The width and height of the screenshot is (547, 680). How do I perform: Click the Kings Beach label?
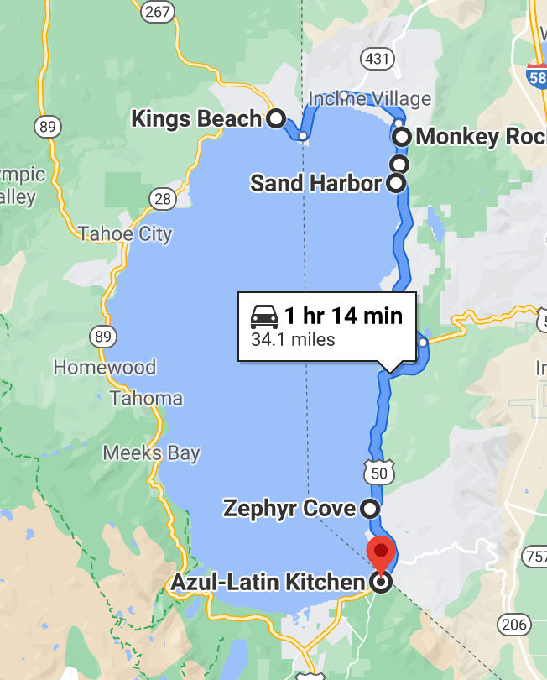click(196, 118)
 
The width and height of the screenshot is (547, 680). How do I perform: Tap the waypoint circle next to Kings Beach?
click(275, 118)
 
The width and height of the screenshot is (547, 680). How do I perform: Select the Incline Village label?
click(369, 98)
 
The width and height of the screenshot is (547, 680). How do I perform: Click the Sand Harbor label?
click(315, 182)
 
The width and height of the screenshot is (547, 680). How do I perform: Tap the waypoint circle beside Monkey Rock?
click(402, 136)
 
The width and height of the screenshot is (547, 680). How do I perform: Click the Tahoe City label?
click(125, 233)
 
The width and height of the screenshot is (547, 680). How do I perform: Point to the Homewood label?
click(104, 367)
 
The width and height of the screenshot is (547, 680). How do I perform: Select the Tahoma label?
click(146, 397)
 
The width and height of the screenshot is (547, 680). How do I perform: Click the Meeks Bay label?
click(151, 453)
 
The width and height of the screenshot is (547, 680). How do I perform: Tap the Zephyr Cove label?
click(289, 508)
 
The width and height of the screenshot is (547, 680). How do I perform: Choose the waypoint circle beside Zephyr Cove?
click(369, 508)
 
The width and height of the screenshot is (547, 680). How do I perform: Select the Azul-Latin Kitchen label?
click(268, 582)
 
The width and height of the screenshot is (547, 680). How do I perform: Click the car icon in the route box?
click(264, 317)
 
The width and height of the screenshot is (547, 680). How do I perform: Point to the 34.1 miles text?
click(293, 340)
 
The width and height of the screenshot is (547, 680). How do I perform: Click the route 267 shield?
click(158, 11)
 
